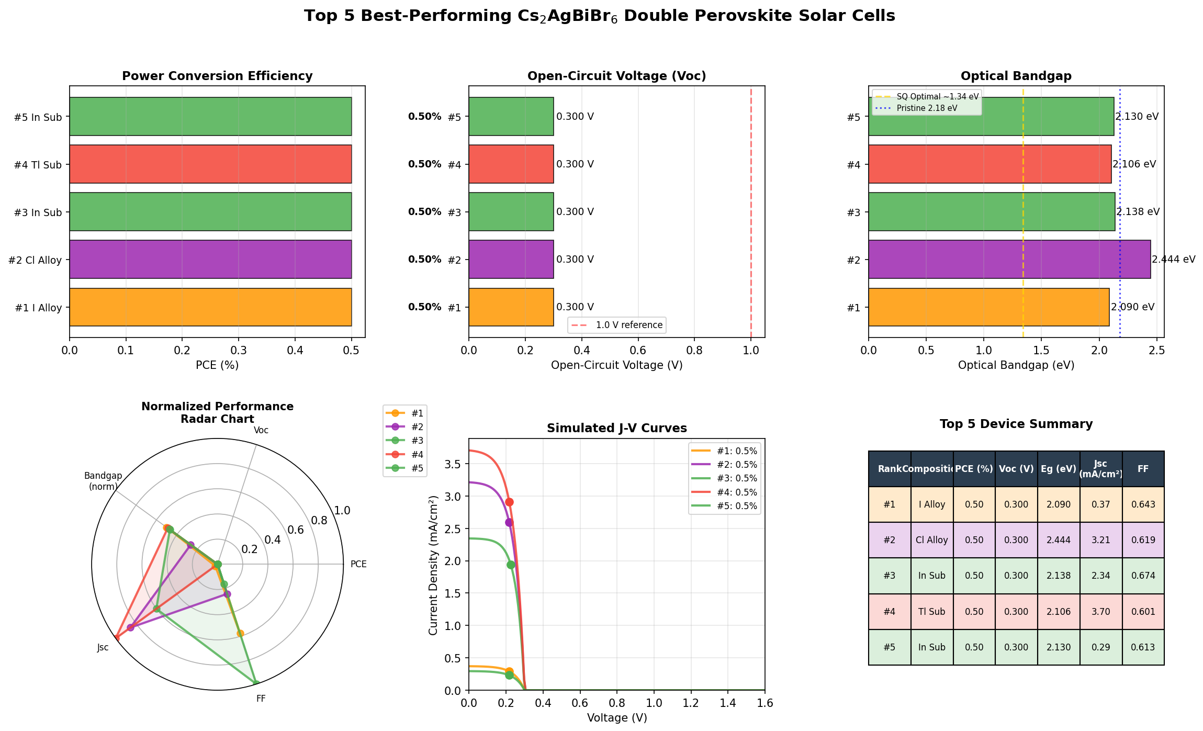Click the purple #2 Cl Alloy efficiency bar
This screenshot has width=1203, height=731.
(210, 259)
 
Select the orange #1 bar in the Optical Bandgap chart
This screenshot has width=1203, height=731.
(988, 307)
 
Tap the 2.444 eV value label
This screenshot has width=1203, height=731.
(1174, 260)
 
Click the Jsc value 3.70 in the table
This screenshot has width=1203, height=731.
(1101, 612)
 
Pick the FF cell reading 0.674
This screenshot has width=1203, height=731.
(1143, 576)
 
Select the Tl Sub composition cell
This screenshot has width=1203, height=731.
(931, 612)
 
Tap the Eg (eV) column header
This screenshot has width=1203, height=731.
(1058, 469)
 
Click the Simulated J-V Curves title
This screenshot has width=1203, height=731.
(616, 429)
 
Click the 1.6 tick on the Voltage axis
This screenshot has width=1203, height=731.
(764, 704)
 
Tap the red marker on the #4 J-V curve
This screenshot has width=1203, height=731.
(509, 502)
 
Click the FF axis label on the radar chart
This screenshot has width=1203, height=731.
(261, 699)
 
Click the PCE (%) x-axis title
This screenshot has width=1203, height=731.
(217, 365)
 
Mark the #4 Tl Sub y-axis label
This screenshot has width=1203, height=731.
(38, 165)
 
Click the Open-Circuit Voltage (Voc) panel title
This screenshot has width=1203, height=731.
(616, 76)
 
